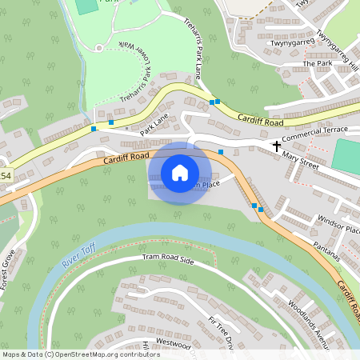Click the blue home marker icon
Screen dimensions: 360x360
[x=180, y=172]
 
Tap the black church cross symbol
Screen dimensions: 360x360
[x=277, y=146]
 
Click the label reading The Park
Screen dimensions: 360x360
[x=317, y=63]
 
